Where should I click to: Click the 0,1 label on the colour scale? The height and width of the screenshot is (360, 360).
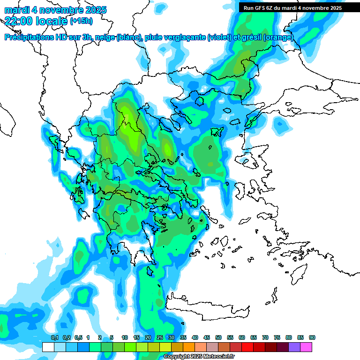pyautogui.click(x=55, y=338)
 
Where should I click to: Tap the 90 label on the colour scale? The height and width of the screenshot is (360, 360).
pyautogui.click(x=312, y=338)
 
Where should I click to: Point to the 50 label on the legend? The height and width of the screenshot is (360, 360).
pyautogui.click(x=218, y=338)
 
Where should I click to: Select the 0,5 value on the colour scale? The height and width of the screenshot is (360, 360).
pyautogui.click(x=78, y=338)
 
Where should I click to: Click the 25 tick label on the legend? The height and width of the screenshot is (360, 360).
pyautogui.click(x=160, y=338)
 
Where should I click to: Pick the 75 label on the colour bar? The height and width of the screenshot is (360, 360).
pyautogui.click(x=277, y=338)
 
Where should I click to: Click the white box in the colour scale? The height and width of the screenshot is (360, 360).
pyautogui.click(x=48, y=347)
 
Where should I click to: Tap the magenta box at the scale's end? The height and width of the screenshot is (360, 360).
pyautogui.click(x=306, y=347)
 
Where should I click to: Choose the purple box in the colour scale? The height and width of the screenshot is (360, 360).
pyautogui.click(x=294, y=347)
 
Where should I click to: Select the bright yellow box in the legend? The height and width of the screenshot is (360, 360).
pyautogui.click(x=165, y=347)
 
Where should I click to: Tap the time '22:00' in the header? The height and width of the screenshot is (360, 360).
pyautogui.click(x=19, y=21)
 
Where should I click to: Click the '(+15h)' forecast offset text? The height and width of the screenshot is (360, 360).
pyautogui.click(x=81, y=21)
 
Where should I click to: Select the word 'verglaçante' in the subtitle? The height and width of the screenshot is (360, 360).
pyautogui.click(x=186, y=37)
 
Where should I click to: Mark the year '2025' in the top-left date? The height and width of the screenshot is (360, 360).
pyautogui.click(x=93, y=10)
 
